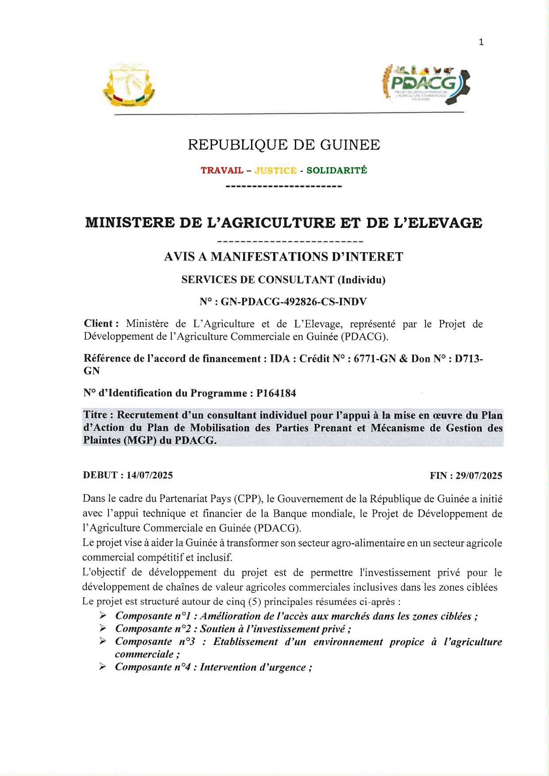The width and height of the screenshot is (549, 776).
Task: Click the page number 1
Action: pyautogui.click(x=481, y=42)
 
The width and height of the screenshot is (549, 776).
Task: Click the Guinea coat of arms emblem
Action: pyautogui.click(x=129, y=85)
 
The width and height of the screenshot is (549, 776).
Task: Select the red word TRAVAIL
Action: pyautogui.click(x=222, y=170)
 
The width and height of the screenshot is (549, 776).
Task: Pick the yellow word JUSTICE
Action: pyautogui.click(x=275, y=170)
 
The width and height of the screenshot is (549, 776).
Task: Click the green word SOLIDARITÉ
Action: pyautogui.click(x=336, y=170)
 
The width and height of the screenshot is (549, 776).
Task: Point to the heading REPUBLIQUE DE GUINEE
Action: pyautogui.click(x=284, y=145)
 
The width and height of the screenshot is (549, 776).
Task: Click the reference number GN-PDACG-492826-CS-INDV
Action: pyautogui.click(x=294, y=302)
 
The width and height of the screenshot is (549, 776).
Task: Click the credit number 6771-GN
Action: pyautogui.click(x=375, y=359)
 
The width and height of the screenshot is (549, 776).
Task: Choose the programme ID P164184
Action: pyautogui.click(x=276, y=393)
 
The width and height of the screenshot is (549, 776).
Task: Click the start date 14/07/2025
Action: pyautogui.click(x=150, y=475)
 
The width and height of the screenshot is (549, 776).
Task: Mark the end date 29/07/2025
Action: pyautogui.click(x=479, y=476)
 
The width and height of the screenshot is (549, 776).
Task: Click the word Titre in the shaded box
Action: pyautogui.click(x=95, y=415)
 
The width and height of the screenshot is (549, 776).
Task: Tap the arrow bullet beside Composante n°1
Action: pyautogui.click(x=103, y=615)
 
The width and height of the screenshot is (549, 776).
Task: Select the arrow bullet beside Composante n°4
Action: pyautogui.click(x=103, y=667)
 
